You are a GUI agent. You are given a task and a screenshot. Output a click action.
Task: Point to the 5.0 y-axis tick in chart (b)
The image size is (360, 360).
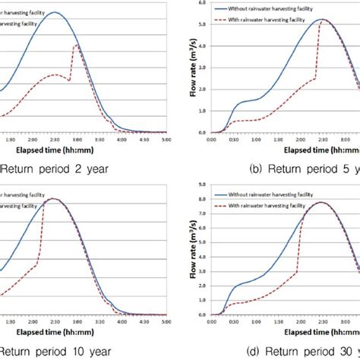pos(201,24)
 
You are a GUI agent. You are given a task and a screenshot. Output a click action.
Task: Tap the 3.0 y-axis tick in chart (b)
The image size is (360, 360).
pos(201,67)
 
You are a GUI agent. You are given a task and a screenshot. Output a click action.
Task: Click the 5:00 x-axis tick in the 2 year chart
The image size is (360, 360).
pos(166,139)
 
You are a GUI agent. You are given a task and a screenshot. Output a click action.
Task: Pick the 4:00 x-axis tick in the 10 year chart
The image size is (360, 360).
pos(122,321)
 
